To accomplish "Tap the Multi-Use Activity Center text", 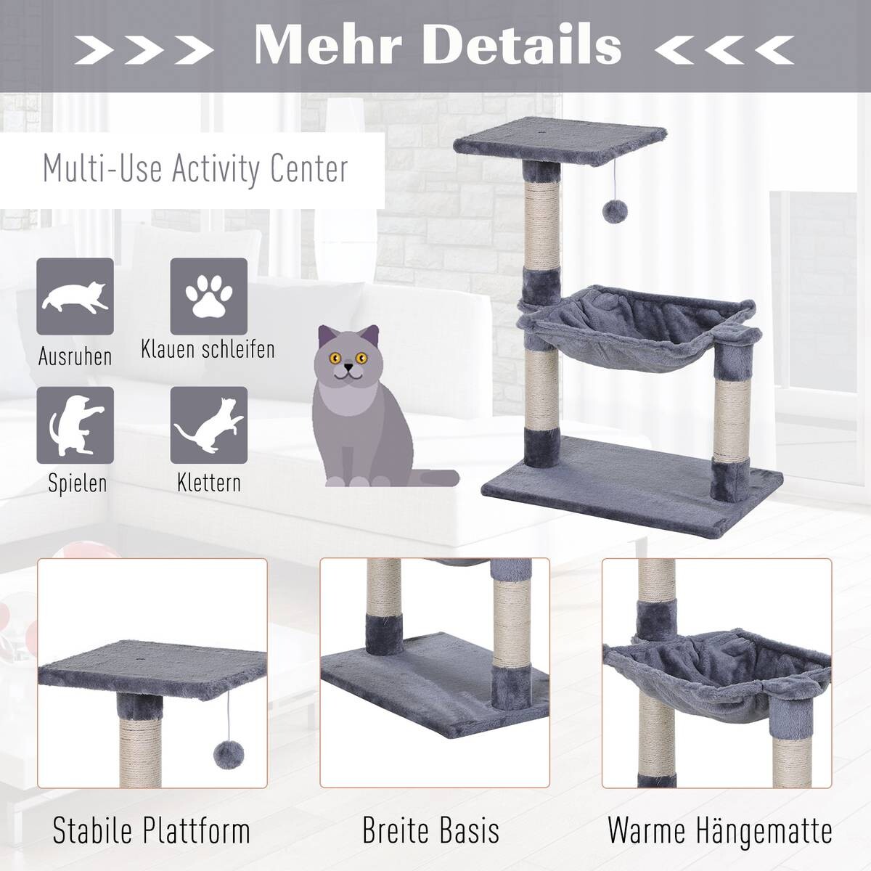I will point(195,168).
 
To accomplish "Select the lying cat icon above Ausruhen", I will point(75,296).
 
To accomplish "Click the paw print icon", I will point(208,296).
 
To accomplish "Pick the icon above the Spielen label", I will point(75,425).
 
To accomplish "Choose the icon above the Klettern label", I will point(208,425).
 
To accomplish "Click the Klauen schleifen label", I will point(208,349).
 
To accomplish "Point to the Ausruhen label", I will point(75,356).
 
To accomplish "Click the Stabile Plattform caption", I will point(151,830).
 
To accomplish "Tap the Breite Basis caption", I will point(430,830).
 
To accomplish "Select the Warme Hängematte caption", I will point(719,830).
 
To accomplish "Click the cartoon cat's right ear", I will point(370,336).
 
